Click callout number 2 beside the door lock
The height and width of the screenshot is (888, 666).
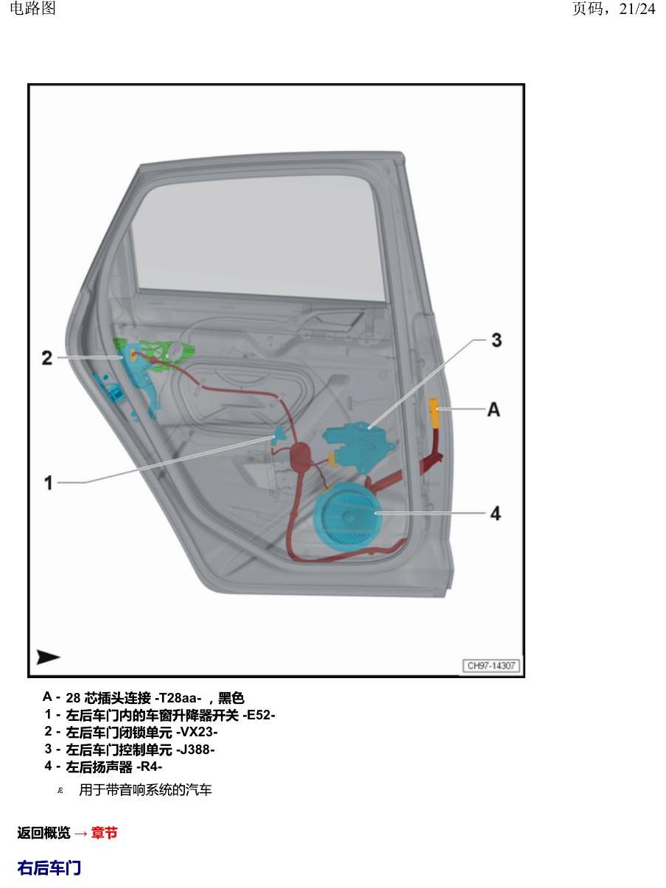[x=47, y=358]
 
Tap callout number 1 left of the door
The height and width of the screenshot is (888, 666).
[x=49, y=482]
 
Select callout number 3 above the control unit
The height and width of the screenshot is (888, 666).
[x=497, y=340]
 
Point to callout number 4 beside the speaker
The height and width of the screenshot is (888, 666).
[x=496, y=513]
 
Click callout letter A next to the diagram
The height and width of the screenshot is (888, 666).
[x=494, y=409]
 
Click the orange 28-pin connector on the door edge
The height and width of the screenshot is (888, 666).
[x=435, y=412]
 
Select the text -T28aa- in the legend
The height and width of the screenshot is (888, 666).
[x=178, y=697]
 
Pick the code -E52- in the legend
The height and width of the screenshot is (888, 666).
[x=259, y=715]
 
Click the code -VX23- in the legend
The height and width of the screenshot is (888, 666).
[x=197, y=732]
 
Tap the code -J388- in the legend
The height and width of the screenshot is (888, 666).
[x=195, y=750]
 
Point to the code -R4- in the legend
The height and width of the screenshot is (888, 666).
[x=149, y=767]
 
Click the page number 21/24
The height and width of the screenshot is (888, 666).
[x=637, y=9]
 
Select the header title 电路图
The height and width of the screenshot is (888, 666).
[x=32, y=9]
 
